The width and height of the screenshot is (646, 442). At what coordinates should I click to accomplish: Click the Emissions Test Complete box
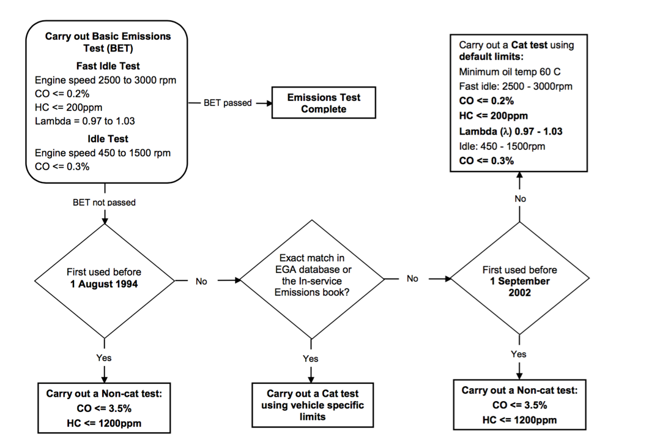324,103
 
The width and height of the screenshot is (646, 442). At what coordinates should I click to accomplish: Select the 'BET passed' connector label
228,103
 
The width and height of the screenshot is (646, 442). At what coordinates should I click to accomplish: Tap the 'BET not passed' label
104,202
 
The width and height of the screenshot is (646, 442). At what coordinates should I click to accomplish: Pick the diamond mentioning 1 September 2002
519,280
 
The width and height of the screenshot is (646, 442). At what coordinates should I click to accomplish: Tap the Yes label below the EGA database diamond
311,359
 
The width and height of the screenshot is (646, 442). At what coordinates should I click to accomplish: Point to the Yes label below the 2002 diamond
519,354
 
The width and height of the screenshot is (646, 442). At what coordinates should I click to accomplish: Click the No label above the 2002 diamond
519,198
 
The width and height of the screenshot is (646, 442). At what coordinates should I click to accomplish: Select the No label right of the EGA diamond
412,279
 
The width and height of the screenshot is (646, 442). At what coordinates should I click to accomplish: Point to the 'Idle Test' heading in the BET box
107,139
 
